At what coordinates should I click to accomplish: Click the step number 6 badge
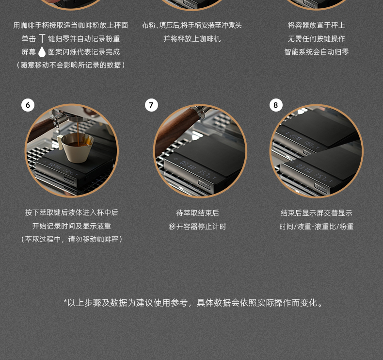pos(28,105)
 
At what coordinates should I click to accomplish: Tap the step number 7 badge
pos(151,105)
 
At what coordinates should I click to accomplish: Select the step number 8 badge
pos(276,105)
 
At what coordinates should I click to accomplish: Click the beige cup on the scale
pos(76,147)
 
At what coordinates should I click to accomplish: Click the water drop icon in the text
pos(42,52)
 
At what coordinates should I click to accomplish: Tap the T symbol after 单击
pos(42,39)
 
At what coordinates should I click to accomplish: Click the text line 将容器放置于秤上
pos(316,25)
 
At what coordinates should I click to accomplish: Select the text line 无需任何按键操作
pos(316,39)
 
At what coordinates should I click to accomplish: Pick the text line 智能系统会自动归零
pos(316,52)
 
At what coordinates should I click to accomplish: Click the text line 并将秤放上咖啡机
pos(192,39)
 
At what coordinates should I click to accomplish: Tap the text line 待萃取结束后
pos(198,213)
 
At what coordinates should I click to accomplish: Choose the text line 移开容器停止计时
pos(198,227)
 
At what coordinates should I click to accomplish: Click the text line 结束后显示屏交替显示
pos(316,213)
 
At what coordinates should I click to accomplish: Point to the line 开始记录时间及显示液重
pos(72,226)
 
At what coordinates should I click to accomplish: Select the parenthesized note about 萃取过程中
pos(72,239)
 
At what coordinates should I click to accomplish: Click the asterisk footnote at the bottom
pos(193,303)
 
